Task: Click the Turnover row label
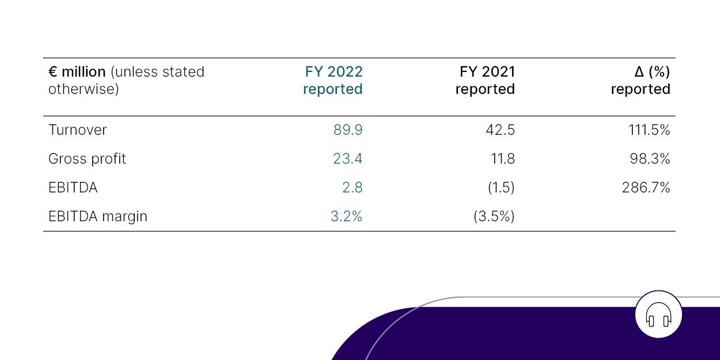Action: (77, 130)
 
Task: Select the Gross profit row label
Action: (87, 159)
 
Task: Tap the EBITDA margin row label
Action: (98, 217)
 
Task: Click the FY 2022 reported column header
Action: (333, 81)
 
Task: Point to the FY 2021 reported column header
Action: (486, 81)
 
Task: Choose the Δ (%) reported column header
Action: (641, 81)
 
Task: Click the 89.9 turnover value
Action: (348, 130)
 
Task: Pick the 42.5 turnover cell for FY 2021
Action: (500, 130)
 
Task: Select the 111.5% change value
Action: (649, 130)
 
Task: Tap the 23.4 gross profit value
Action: (347, 159)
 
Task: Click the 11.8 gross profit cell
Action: (502, 159)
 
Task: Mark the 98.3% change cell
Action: (650, 159)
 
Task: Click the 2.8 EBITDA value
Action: (352, 188)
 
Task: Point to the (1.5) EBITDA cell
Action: (501, 188)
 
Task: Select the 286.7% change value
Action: (646, 188)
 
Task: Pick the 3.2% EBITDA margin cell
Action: (346, 217)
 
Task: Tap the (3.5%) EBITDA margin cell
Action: (494, 217)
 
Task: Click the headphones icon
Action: (658, 315)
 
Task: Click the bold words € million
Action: (77, 72)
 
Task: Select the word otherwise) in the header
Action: (84, 89)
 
